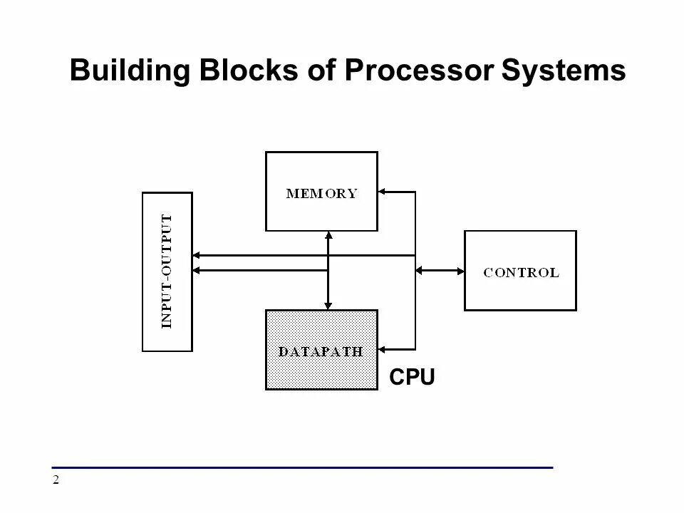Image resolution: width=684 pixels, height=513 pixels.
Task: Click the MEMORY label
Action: point(321,193)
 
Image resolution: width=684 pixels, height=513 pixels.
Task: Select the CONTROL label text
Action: point(521,272)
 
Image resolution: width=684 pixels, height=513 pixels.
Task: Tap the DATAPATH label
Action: point(321,351)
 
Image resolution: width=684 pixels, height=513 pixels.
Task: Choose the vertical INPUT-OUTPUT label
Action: point(167,271)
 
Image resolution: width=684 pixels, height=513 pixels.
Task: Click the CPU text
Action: point(412,377)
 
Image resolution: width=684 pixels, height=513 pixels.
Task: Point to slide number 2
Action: point(55,480)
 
